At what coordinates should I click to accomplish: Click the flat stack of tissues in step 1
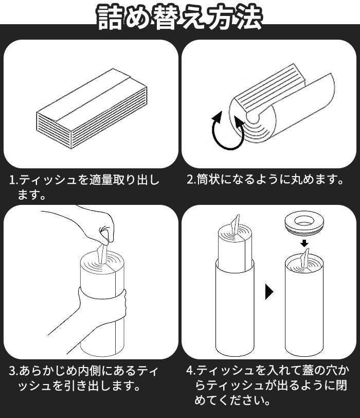coord(92,108)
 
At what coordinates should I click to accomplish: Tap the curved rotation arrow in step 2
coord(228,131)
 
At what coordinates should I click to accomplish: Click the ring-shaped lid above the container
coord(304,223)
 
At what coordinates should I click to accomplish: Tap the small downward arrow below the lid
coord(304,243)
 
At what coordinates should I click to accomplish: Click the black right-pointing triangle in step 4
coord(269,292)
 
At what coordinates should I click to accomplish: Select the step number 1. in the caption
coord(13,180)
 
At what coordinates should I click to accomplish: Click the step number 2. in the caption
coord(191,180)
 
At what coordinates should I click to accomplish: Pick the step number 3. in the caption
coord(13,371)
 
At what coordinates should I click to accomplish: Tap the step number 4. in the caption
coord(191,371)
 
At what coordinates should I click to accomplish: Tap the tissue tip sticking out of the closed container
coord(304,257)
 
